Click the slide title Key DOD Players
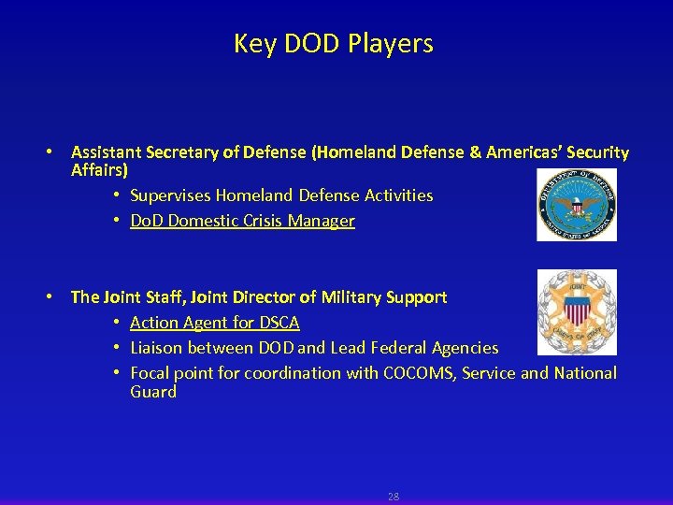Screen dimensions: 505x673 [x=334, y=44]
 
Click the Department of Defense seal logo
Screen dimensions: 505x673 [x=576, y=205]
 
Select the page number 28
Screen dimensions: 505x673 [x=393, y=497]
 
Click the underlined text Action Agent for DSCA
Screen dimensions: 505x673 [x=214, y=323]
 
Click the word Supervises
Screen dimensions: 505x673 [x=170, y=195]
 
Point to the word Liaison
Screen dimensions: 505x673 [x=156, y=348]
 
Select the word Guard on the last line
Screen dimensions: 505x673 [x=153, y=392]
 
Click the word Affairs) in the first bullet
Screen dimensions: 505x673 [x=99, y=171]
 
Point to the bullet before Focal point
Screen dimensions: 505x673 [x=118, y=373]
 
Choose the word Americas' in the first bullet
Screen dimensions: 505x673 [x=523, y=152]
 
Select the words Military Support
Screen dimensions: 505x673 [x=385, y=297]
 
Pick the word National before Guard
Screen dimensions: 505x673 [x=585, y=373]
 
